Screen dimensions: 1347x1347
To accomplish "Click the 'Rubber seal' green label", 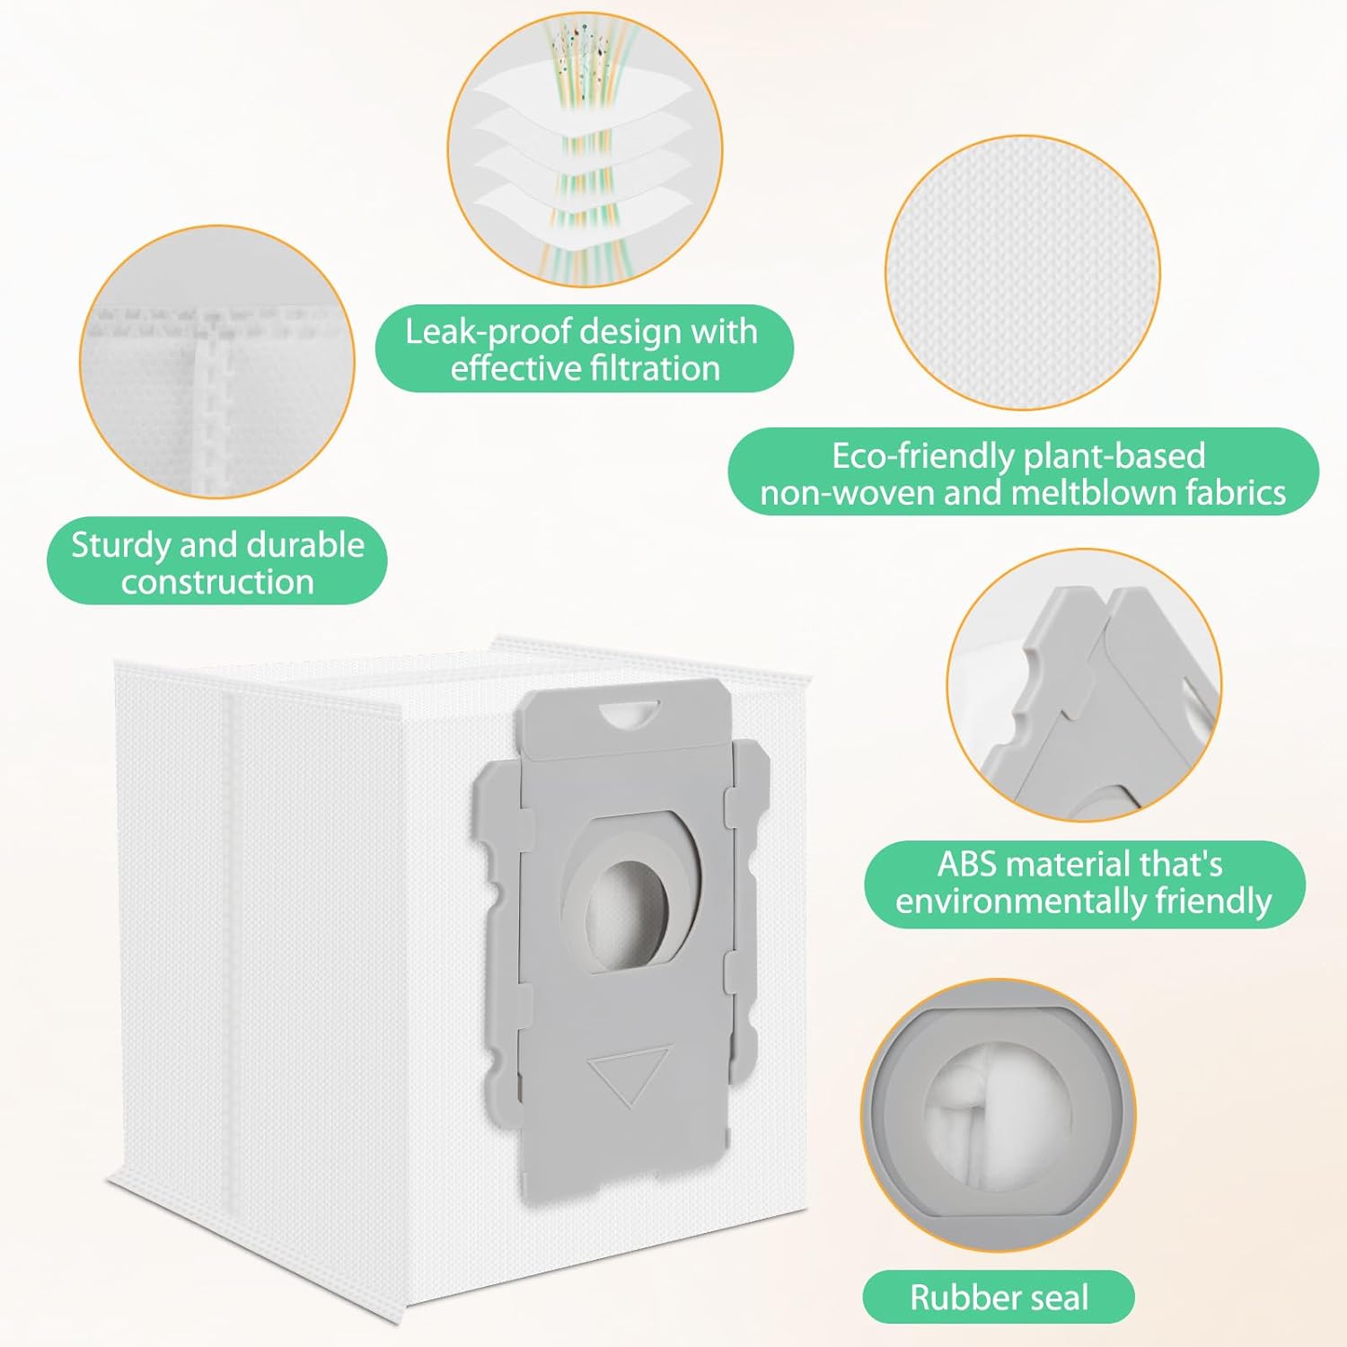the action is tap(999, 1297).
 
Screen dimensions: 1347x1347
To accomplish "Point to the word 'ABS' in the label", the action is tap(968, 864).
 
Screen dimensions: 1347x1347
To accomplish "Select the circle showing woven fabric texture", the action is tap(1022, 272).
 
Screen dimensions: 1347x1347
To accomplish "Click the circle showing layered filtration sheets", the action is tap(585, 149).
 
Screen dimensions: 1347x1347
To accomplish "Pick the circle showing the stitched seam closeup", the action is tap(217, 362).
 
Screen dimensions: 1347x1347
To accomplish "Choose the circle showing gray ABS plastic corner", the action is tap(1084, 685).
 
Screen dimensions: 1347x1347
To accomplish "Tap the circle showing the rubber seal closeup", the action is tap(999, 1115).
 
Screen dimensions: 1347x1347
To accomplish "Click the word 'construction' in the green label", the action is tap(217, 583).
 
